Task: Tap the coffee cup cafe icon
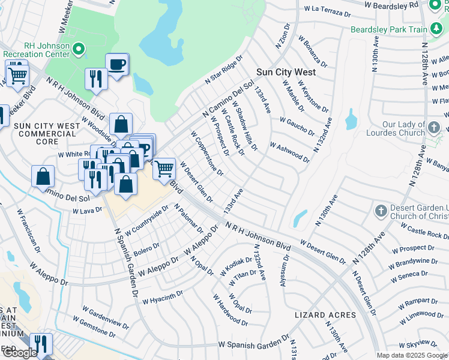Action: [117, 64]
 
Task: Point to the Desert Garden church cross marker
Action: [380, 211]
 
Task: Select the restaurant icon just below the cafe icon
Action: [96, 79]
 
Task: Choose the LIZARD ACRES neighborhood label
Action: [325, 315]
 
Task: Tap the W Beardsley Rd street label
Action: [391, 5]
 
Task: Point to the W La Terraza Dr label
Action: [328, 10]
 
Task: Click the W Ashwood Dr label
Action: [289, 152]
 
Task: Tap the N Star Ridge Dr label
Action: [223, 70]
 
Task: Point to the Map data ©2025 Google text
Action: [411, 355]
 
